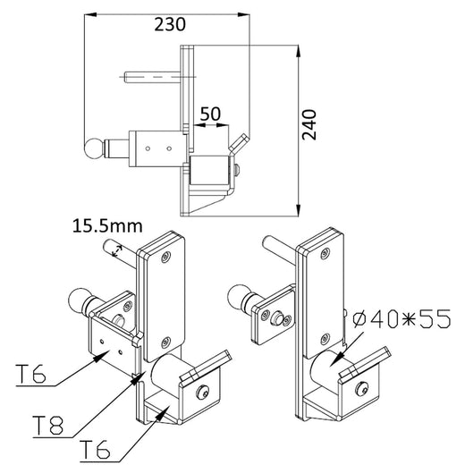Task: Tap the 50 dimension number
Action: (x=211, y=114)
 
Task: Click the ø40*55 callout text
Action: (x=400, y=317)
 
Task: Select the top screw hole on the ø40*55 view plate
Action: (x=325, y=253)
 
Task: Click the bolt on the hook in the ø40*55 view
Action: (x=362, y=389)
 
